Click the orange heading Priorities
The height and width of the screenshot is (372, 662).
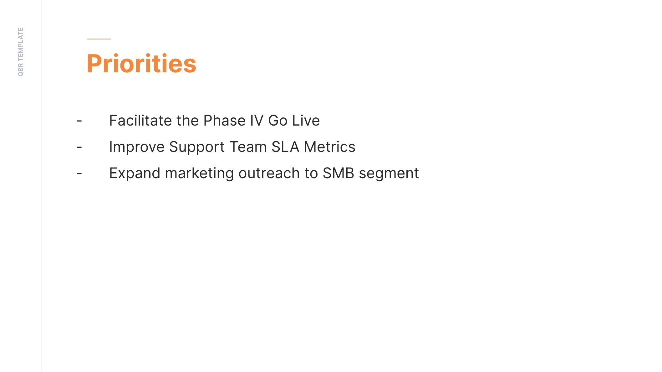point(141,64)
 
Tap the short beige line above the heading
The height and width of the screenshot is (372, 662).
point(99,39)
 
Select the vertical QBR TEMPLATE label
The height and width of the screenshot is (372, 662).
point(21,52)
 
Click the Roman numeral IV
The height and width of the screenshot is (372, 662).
point(257,121)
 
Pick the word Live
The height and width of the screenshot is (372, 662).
point(306,121)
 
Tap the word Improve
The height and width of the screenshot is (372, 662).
point(137,147)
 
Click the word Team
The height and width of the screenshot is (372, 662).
point(248,147)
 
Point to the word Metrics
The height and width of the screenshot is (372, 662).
point(330,147)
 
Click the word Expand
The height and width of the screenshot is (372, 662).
point(135,173)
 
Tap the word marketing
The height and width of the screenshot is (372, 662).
point(199,173)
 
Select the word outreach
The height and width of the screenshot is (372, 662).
point(269,173)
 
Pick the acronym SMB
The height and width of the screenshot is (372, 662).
point(339,173)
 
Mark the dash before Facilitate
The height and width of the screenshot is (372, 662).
point(79,121)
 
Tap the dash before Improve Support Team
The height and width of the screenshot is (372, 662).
point(79,147)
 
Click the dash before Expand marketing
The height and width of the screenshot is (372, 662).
point(79,173)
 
